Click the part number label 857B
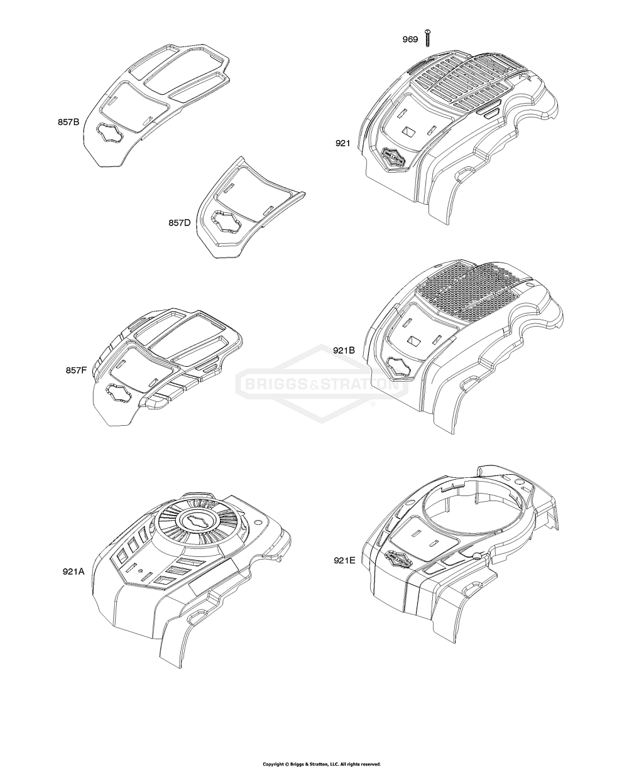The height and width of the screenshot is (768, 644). (68, 122)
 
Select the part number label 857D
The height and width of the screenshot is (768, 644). (180, 222)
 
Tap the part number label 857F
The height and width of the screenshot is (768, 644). (76, 370)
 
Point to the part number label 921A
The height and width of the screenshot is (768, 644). (74, 571)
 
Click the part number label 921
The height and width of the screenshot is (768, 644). (342, 143)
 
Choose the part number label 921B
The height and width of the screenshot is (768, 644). (344, 350)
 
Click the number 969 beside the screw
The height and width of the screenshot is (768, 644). (410, 40)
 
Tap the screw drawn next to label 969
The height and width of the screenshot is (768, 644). (427, 38)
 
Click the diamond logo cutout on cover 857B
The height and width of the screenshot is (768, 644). (109, 133)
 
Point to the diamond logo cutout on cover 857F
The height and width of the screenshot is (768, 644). (118, 392)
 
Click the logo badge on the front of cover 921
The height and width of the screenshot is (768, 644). (393, 158)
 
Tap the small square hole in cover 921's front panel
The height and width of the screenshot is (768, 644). (410, 131)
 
